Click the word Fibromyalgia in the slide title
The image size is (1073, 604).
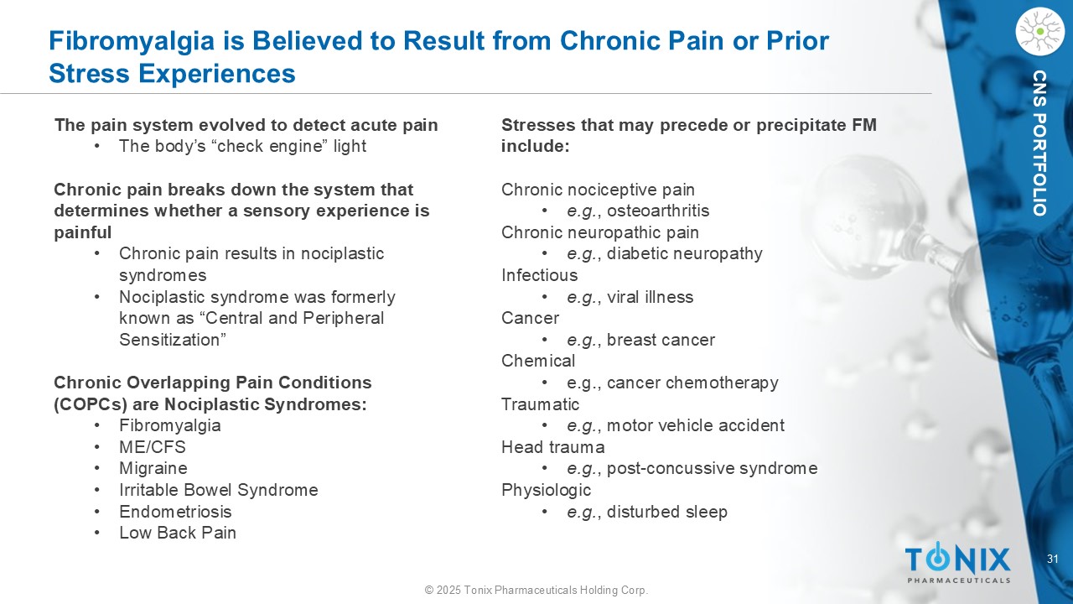132,41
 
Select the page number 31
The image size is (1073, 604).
1052,559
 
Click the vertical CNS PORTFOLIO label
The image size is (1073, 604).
1040,143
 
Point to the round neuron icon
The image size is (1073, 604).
1039,32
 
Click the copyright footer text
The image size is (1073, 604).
536,590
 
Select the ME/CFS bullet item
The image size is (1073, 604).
153,447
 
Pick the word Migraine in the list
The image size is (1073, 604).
153,468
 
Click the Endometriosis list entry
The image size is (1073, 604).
175,512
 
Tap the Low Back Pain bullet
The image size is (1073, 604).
178,533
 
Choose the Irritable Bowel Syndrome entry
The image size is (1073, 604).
219,490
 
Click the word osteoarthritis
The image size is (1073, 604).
658,211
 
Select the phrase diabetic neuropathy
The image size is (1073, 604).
685,253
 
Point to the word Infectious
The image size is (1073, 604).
539,275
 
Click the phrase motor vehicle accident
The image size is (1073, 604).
696,425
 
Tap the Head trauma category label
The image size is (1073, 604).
552,447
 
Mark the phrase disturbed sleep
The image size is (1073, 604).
666,512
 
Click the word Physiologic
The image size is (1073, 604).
546,490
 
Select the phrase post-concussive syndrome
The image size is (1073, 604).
713,468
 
